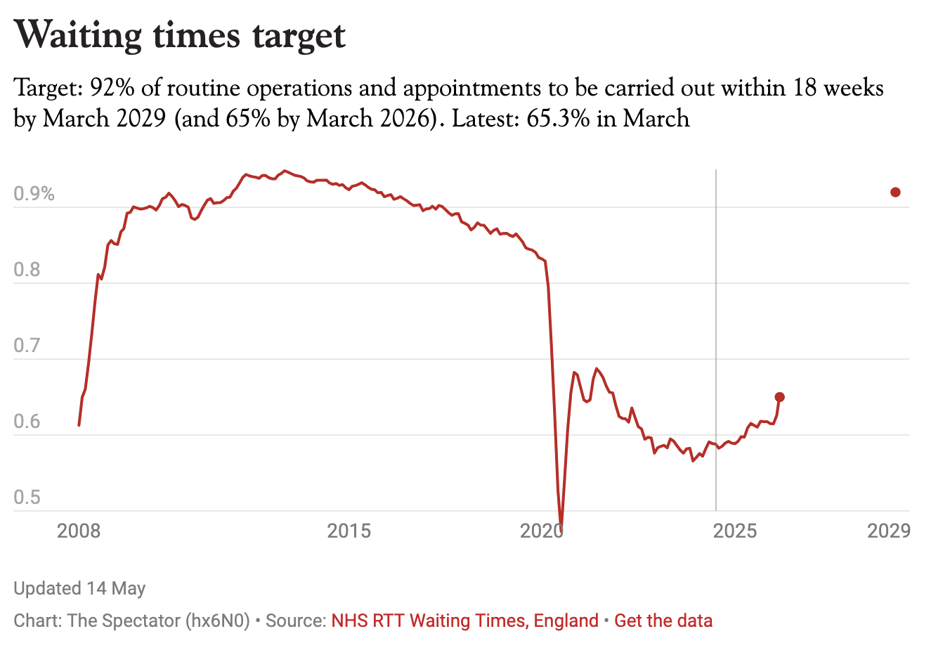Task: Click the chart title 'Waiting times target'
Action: pyautogui.click(x=180, y=35)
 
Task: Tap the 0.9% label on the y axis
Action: pyautogui.click(x=34, y=194)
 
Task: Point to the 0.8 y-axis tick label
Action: pyautogui.click(x=27, y=270)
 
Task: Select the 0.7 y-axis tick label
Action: pyautogui.click(x=27, y=345)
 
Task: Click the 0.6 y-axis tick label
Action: pyautogui.click(x=27, y=421)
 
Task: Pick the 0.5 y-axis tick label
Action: pyautogui.click(x=27, y=497)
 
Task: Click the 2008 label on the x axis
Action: pyautogui.click(x=79, y=531)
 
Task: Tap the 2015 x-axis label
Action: pyautogui.click(x=349, y=531)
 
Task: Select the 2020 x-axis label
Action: pyautogui.click(x=542, y=531)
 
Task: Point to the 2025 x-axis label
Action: pyautogui.click(x=735, y=531)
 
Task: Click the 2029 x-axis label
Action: pyautogui.click(x=889, y=531)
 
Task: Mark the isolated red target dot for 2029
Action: pyautogui.click(x=895, y=193)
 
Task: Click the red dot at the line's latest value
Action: pyautogui.click(x=780, y=397)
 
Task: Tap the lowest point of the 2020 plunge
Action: pyautogui.click(x=561, y=525)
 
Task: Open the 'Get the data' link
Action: pyautogui.click(x=663, y=621)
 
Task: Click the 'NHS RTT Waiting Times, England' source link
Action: pyautogui.click(x=464, y=621)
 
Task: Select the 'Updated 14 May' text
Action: pyautogui.click(x=79, y=588)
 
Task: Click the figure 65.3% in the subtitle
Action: pyautogui.click(x=558, y=118)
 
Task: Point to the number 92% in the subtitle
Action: pyautogui.click(x=112, y=88)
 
